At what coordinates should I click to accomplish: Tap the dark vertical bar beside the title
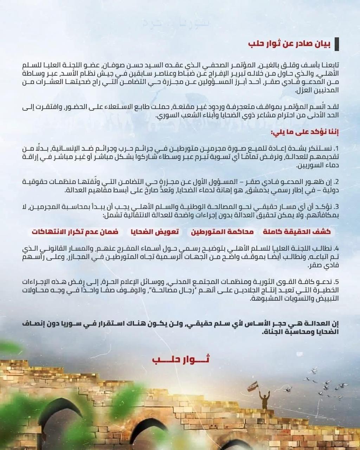(337, 44)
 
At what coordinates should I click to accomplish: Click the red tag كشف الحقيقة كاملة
(297, 232)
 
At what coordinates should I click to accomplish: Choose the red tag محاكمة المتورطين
(222, 232)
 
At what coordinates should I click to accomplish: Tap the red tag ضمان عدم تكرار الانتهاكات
(75, 232)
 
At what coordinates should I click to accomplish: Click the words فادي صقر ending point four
(323, 266)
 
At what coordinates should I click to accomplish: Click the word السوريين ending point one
(319, 165)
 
